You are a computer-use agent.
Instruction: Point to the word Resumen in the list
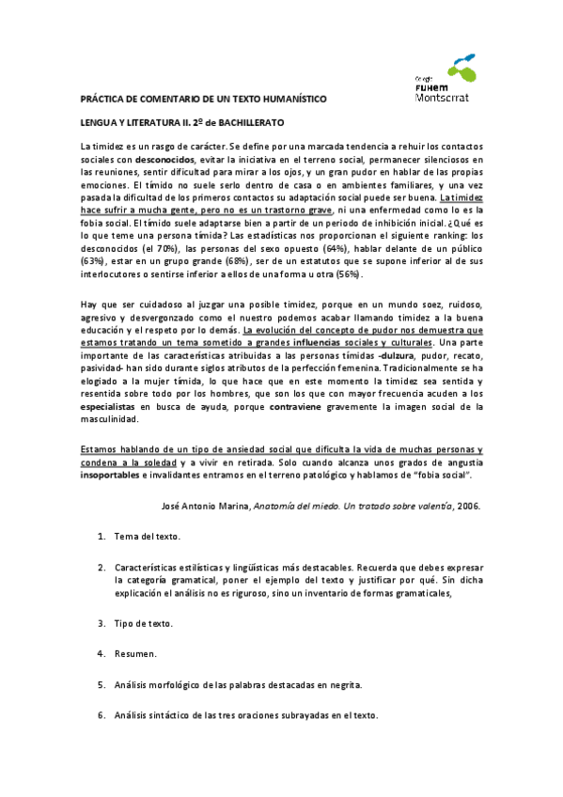135,652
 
